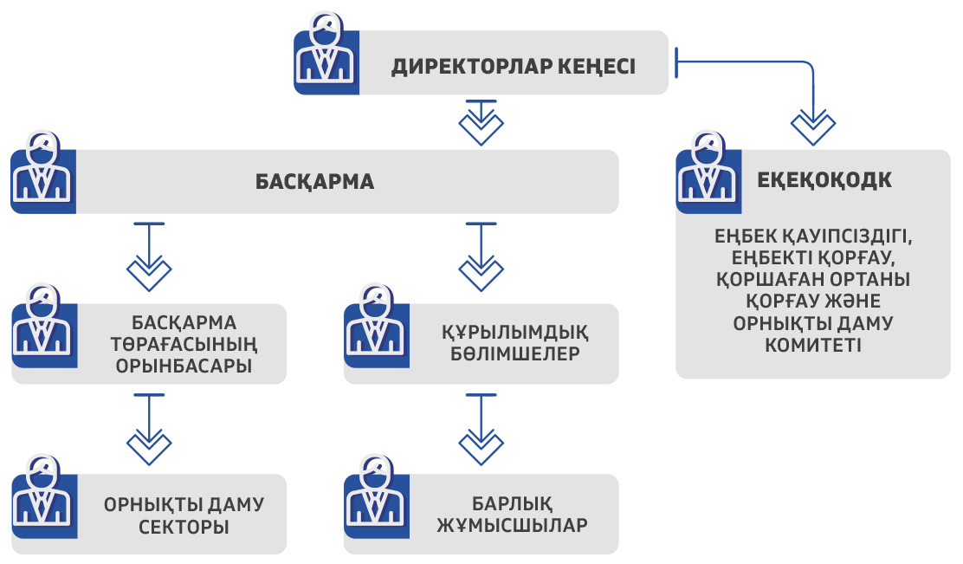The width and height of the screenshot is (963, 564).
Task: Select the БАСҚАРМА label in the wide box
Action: click(x=314, y=183)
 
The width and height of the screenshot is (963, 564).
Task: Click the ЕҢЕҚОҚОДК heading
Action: click(x=824, y=180)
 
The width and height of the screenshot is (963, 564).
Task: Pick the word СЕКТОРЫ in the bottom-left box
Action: click(x=184, y=526)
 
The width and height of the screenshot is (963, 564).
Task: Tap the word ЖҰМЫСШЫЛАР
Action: click(x=513, y=526)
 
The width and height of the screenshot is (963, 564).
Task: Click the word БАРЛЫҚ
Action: click(x=513, y=504)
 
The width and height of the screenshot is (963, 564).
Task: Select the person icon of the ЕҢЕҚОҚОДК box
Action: click(x=708, y=173)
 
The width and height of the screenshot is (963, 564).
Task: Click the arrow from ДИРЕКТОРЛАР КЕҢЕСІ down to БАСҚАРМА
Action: click(x=481, y=122)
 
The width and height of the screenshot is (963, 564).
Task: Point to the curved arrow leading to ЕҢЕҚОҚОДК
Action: click(x=814, y=95)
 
